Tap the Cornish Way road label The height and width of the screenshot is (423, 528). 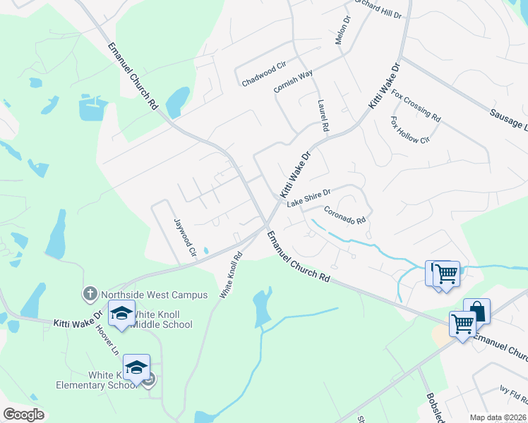293,82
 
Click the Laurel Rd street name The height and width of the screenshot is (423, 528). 323,116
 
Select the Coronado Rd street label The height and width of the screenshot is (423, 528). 344,215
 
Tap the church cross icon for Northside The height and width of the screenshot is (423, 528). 90,293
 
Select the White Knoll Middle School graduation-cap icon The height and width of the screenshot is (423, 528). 121,312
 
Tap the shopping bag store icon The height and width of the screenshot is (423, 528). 476,310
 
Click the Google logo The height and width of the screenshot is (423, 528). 23,415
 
